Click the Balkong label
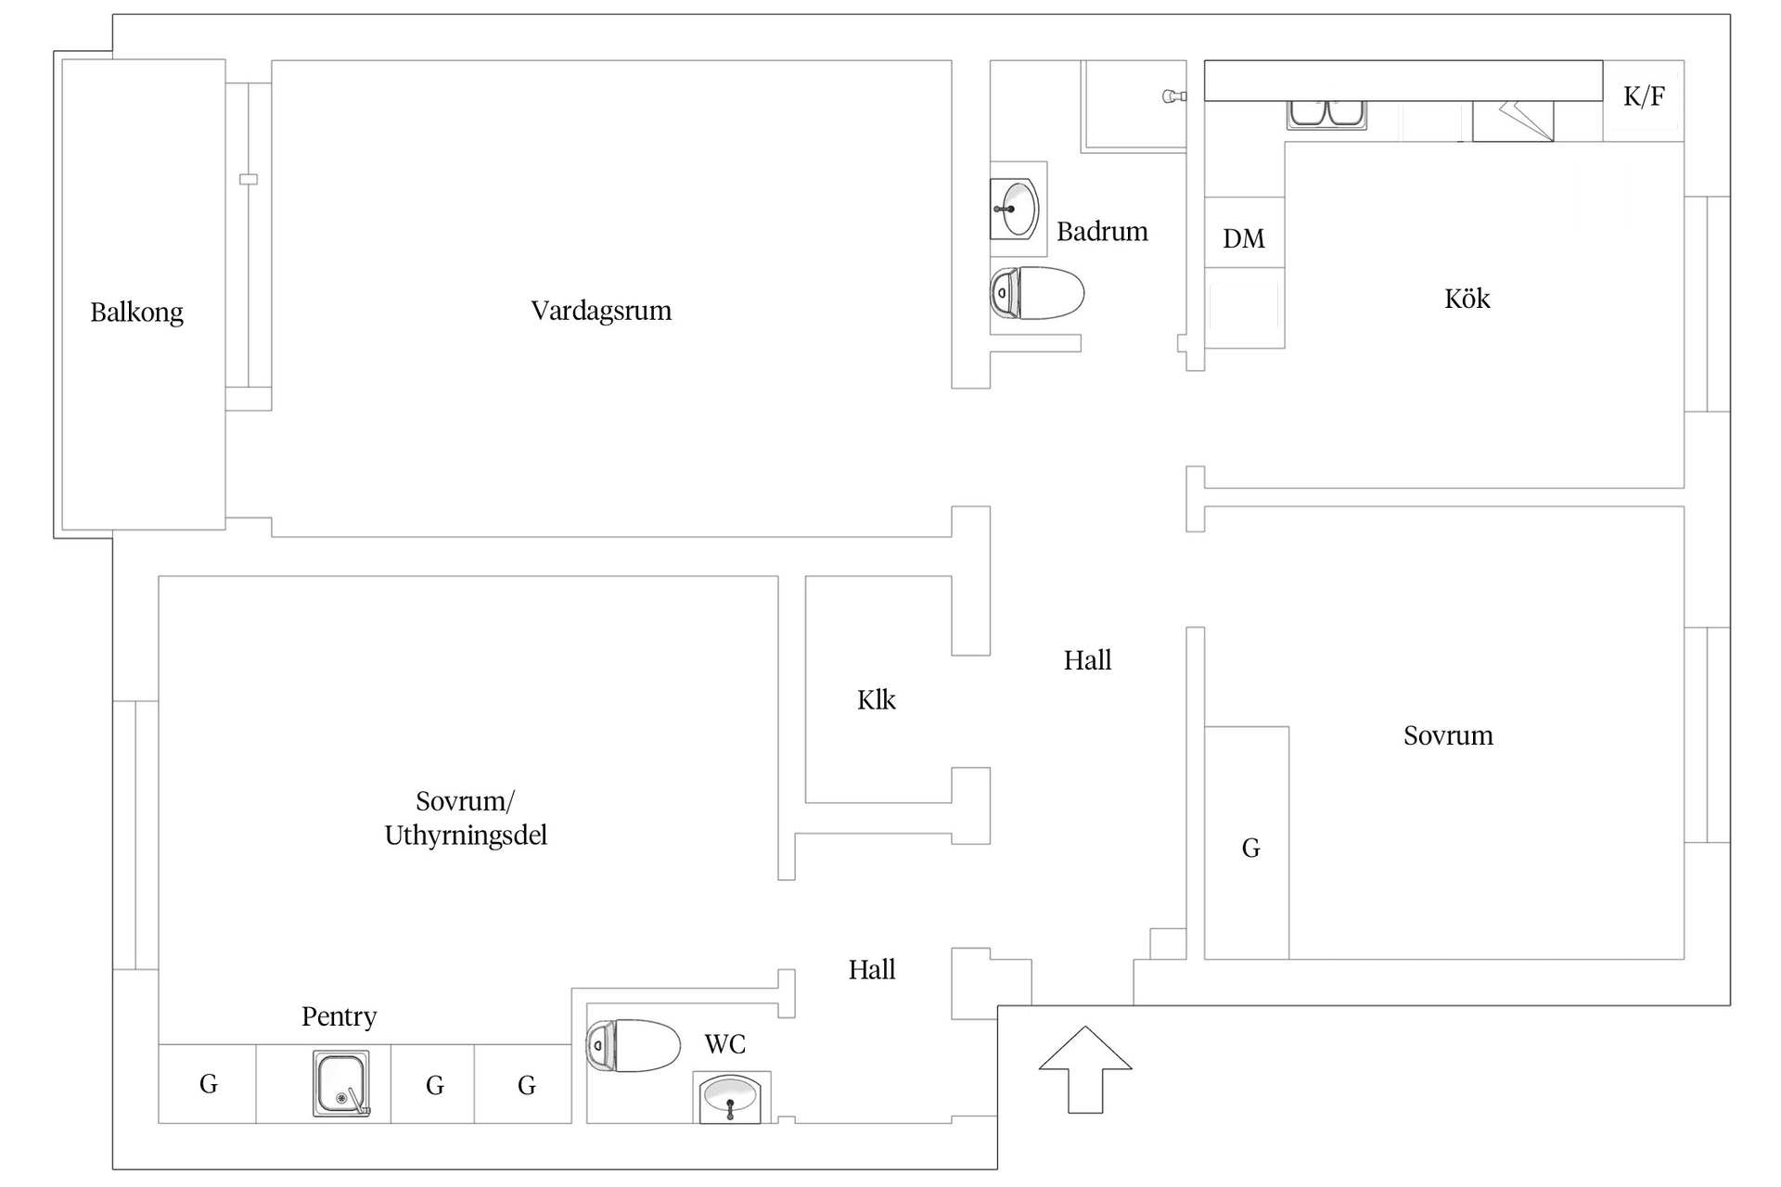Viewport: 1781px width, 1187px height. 136,313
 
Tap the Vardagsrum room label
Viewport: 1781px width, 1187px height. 601,311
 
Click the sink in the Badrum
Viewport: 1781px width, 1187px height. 1016,209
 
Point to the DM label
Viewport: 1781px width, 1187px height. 1243,239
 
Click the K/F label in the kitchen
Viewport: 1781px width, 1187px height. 1644,96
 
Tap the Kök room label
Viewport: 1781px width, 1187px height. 1467,299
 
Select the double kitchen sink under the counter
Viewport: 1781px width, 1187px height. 1326,114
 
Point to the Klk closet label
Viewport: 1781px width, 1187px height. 876,700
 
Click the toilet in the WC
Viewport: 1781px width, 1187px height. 634,1045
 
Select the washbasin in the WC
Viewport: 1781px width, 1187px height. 730,1098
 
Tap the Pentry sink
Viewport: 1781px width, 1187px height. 341,1083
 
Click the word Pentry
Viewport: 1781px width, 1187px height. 339,1017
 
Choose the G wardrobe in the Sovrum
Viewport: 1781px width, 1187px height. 1249,848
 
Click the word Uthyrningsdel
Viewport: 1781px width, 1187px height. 466,836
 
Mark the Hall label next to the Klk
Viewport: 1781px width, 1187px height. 1087,660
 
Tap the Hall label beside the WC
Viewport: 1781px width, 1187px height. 871,970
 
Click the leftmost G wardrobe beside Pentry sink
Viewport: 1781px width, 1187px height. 208,1084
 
